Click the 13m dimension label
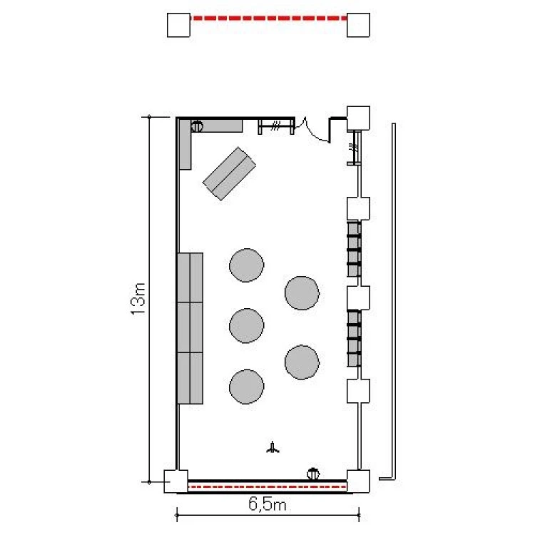pyautogui.click(x=138, y=299)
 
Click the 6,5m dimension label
pyautogui.click(x=267, y=504)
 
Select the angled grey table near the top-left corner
pyautogui.click(x=229, y=173)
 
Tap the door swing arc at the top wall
pyautogui.click(x=315, y=131)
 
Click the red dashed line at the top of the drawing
pyautogui.click(x=268, y=18)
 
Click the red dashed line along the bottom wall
pyautogui.click(x=267, y=486)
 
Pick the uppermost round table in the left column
pyautogui.click(x=246, y=265)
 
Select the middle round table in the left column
pyautogui.click(x=246, y=325)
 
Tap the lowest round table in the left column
pyautogui.click(x=246, y=387)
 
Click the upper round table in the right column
pyautogui.click(x=302, y=293)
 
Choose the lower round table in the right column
pyautogui.click(x=302, y=362)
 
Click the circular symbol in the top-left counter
pyautogui.click(x=197, y=126)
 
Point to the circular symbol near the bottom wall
pyautogui.click(x=313, y=474)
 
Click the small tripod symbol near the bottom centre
pyautogui.click(x=272, y=447)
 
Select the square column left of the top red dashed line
pyautogui.click(x=178, y=25)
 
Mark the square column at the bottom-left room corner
pyautogui.click(x=175, y=481)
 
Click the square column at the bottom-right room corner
pyautogui.click(x=358, y=481)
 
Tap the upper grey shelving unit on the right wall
pyautogui.click(x=354, y=249)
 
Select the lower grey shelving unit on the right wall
pyautogui.click(x=354, y=338)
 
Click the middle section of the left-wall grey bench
pyautogui.click(x=190, y=327)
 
